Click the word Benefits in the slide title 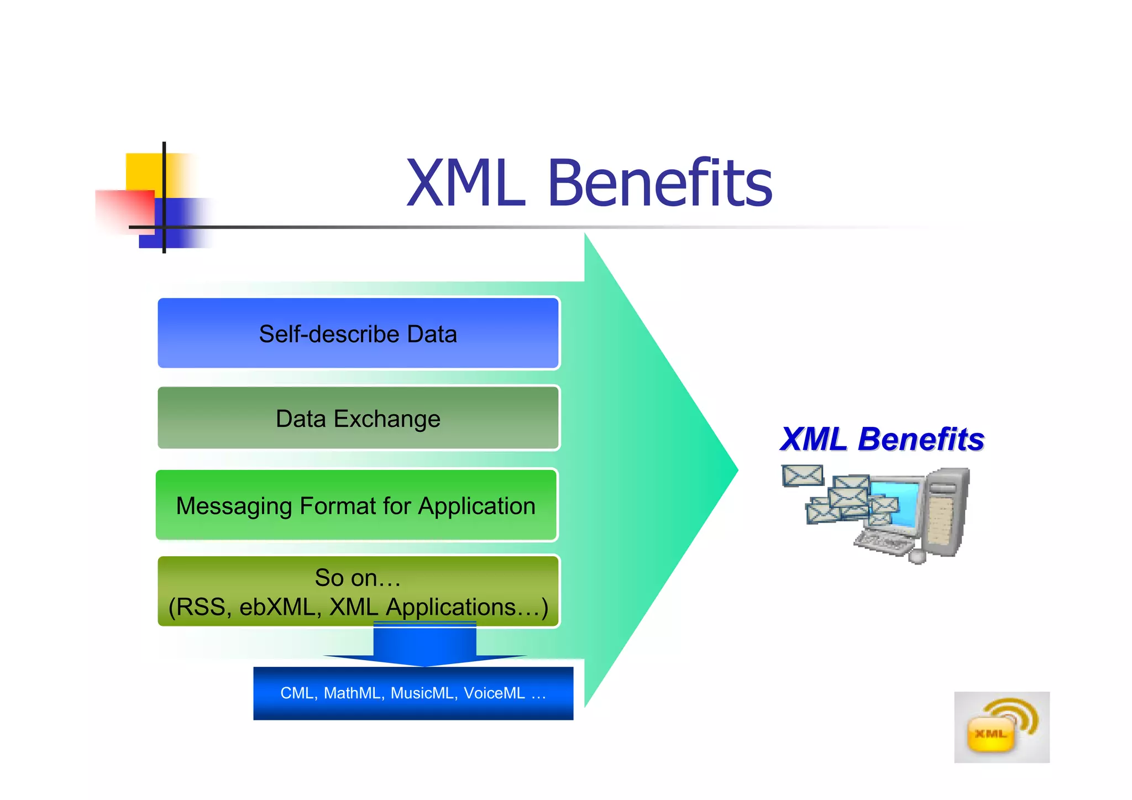[x=660, y=183]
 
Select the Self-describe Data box [x=358, y=333]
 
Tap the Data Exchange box [x=358, y=418]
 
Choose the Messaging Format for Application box [x=357, y=505]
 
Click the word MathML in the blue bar [x=352, y=693]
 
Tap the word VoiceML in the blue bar [x=494, y=693]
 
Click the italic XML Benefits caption [x=882, y=440]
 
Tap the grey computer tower [x=947, y=511]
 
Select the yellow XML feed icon [x=1001, y=728]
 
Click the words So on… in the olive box [x=358, y=578]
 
